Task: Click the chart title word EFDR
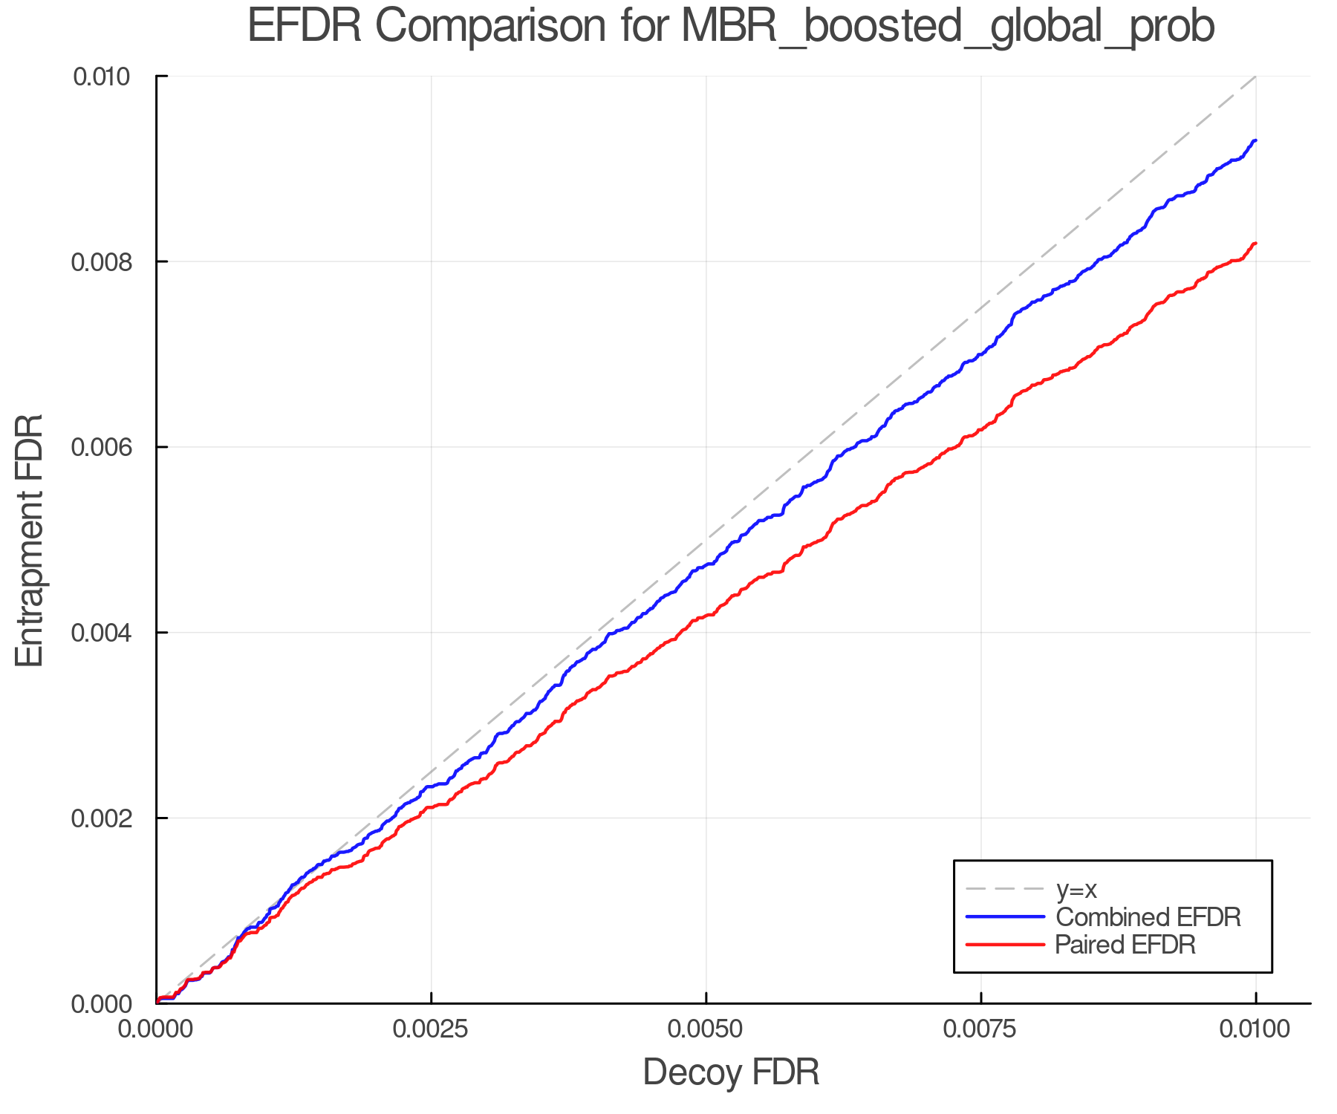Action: (x=305, y=27)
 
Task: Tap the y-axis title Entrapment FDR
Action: (x=30, y=540)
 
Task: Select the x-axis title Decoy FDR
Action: (x=731, y=1072)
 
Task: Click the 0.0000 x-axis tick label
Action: (x=157, y=1029)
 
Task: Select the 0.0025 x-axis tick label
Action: (x=431, y=1029)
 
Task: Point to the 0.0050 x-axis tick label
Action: (x=706, y=1029)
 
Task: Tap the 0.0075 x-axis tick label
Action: (x=980, y=1029)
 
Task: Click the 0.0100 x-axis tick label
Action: (x=1255, y=1029)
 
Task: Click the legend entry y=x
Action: (x=1076, y=889)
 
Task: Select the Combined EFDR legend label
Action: (x=1148, y=917)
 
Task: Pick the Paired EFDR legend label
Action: (x=1125, y=945)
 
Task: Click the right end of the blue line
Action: (x=1255, y=140)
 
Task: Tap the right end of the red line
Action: (x=1255, y=244)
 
